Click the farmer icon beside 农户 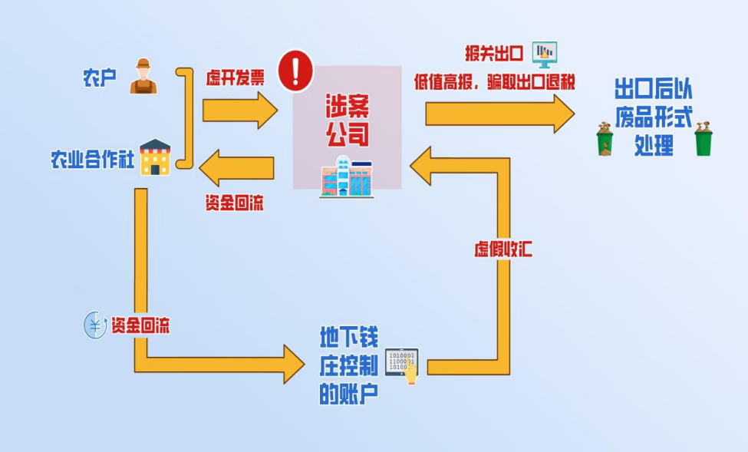pyautogui.click(x=143, y=76)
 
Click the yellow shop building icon pyautogui.click(x=155, y=157)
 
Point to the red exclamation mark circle pyautogui.click(x=295, y=71)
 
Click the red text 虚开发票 pyautogui.click(x=235, y=78)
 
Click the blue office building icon pyautogui.click(x=345, y=177)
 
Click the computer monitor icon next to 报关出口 pyautogui.click(x=545, y=53)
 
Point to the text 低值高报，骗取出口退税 pyautogui.click(x=494, y=81)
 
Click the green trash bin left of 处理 pyautogui.click(x=605, y=140)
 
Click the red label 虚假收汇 pyautogui.click(x=503, y=249)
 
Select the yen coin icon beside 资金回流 pyautogui.click(x=94, y=325)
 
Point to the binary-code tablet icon pyautogui.click(x=402, y=364)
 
